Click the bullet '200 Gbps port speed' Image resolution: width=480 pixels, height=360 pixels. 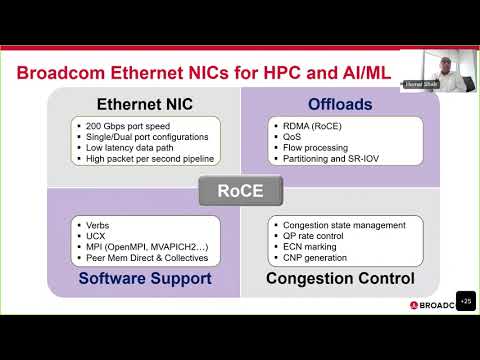coord(128,126)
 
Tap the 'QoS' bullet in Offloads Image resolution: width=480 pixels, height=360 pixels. coord(291,136)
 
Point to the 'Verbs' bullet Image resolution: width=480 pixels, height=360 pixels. coord(97,223)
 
